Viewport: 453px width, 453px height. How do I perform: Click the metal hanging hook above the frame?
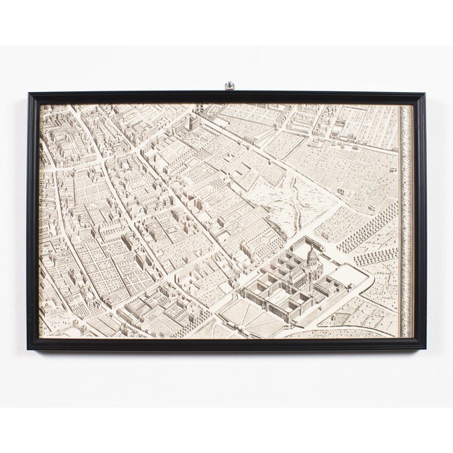[229, 86]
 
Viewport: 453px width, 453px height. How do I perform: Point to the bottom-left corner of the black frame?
[29, 348]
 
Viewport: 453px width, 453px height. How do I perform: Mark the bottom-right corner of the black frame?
[425, 348]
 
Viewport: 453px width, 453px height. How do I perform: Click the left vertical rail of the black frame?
[33, 219]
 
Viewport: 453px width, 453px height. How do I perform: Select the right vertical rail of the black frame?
[420, 219]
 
